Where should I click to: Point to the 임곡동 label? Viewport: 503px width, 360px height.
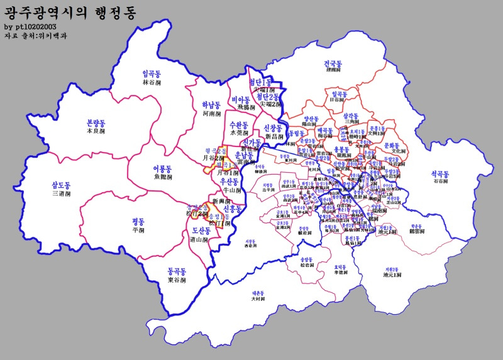152,74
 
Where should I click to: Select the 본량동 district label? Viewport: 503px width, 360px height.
96,123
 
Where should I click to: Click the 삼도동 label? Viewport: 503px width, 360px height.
61,185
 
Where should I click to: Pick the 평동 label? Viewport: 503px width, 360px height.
138,221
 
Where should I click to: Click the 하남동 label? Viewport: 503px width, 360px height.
211,106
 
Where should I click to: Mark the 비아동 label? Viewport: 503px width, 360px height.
241,100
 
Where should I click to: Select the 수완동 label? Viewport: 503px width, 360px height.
240,124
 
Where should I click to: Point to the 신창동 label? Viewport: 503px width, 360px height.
275,128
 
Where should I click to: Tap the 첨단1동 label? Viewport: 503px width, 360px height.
260,82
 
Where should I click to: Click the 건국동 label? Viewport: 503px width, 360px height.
333,64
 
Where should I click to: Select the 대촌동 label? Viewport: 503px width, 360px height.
258,293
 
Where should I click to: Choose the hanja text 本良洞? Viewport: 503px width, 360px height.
96,131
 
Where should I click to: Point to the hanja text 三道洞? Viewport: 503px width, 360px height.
61,194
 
